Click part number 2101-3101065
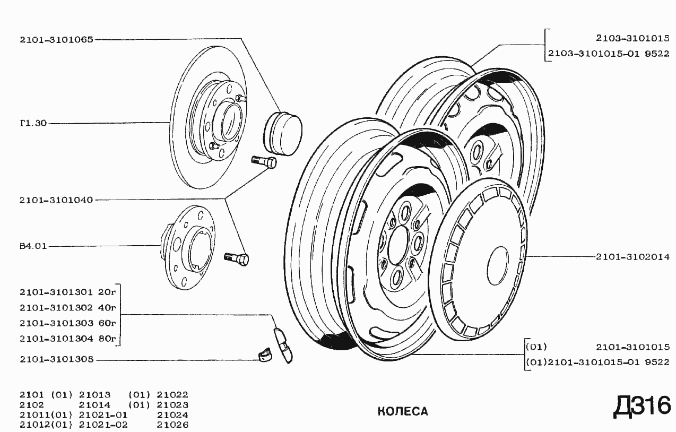click(56, 40)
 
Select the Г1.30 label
click(33, 123)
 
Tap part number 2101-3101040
click(56, 200)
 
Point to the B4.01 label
click(33, 246)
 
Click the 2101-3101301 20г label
click(68, 292)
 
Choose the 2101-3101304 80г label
click(68, 339)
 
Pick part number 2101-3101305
click(56, 359)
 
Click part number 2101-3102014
click(632, 257)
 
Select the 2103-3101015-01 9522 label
click(609, 54)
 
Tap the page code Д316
click(642, 406)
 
